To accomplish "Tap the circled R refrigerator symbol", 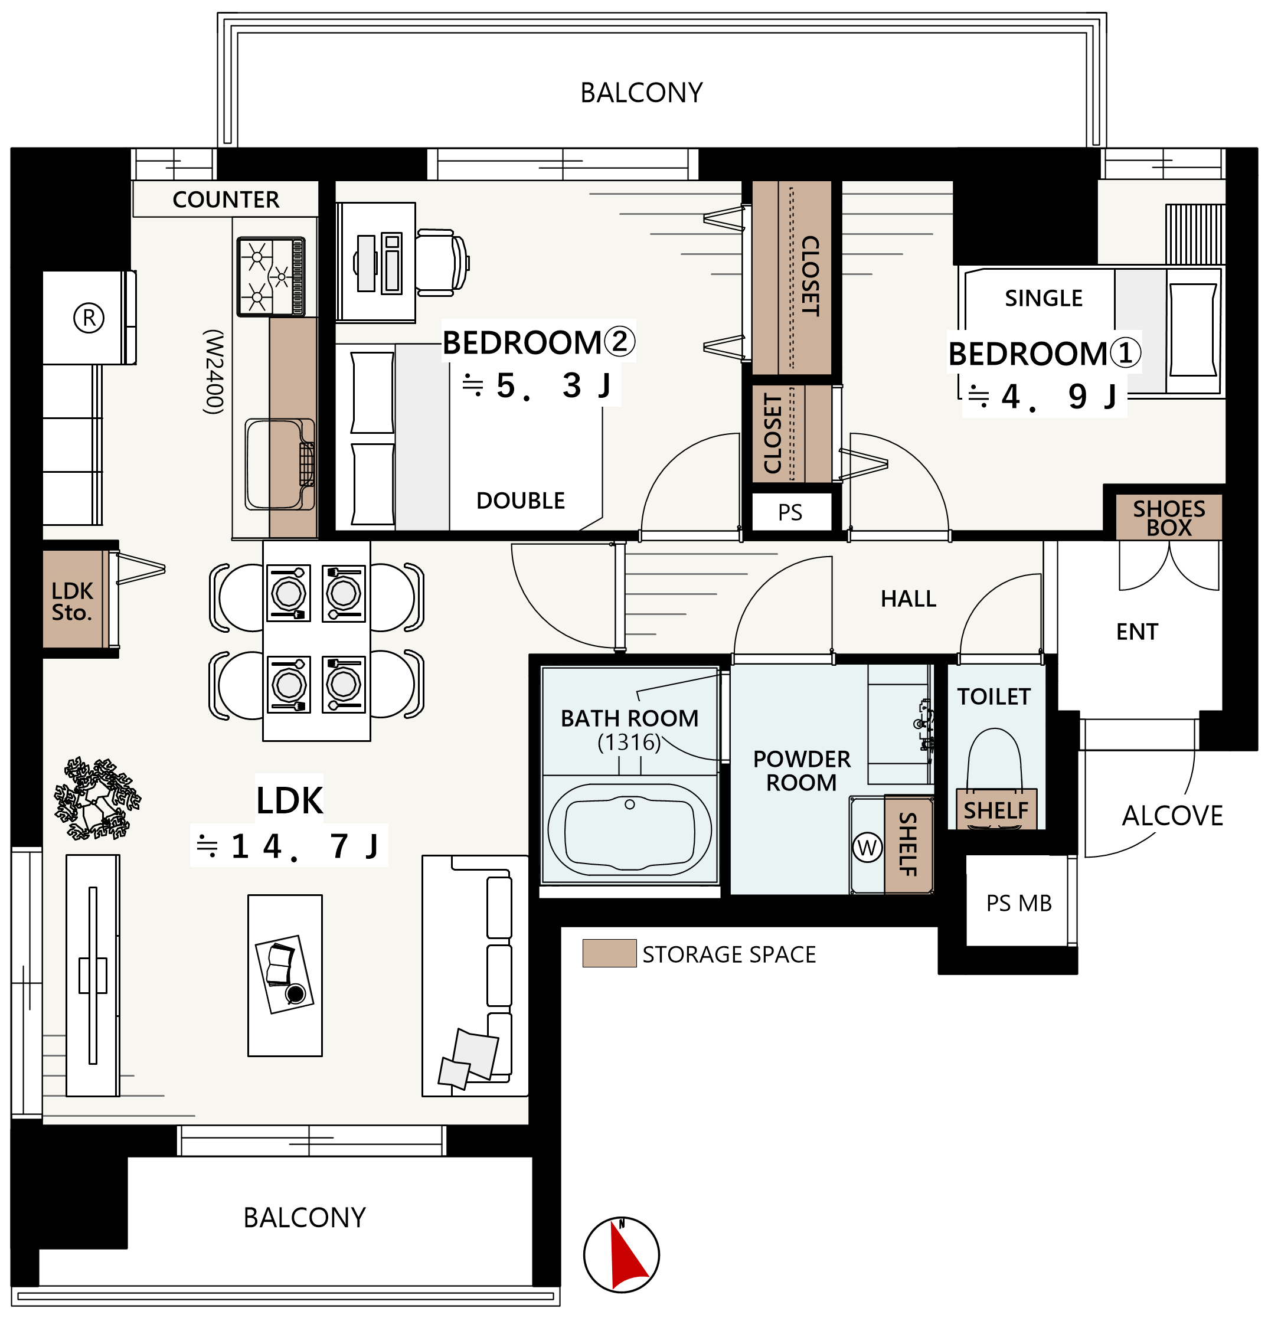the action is tap(89, 318).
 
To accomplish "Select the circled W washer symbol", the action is tap(867, 847).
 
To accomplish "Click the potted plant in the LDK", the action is tap(98, 798).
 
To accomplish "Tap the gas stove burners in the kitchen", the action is tap(271, 276).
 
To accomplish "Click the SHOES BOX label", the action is tap(1169, 518).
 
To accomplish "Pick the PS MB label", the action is tap(1018, 903).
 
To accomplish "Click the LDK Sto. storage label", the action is tap(72, 601).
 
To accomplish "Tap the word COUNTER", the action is tap(226, 200).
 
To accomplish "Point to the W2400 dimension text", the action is tap(214, 371).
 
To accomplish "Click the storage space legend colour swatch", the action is tap(609, 953).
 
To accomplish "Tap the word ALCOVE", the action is tap(1172, 816).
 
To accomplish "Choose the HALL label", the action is tap(908, 599).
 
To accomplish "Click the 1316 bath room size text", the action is tap(629, 742).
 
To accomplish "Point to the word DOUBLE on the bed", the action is tap(521, 501).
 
